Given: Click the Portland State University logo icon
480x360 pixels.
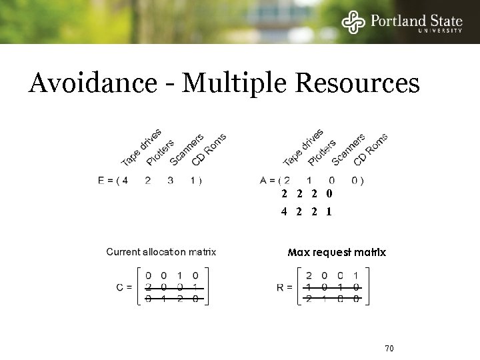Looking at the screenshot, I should [x=354, y=21].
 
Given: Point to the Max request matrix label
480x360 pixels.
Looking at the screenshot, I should [x=337, y=253].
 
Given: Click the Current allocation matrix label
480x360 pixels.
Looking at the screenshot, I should [x=161, y=252].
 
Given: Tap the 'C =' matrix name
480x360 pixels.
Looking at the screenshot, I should [x=123, y=287].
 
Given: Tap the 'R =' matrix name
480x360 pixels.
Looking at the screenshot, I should [x=285, y=287].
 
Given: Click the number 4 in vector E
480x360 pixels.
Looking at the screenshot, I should [x=125, y=180].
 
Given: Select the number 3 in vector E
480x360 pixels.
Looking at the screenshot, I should [x=171, y=180].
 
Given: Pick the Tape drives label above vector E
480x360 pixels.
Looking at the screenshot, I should [x=141, y=147].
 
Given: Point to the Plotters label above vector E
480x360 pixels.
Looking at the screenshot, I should [x=160, y=152].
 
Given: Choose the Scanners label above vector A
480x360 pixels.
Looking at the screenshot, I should [x=348, y=149].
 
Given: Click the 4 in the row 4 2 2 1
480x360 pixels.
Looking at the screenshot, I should [x=284, y=212].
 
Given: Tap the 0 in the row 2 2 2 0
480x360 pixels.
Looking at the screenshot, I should [x=329, y=194].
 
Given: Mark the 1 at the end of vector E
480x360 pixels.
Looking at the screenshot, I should [x=193, y=180].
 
